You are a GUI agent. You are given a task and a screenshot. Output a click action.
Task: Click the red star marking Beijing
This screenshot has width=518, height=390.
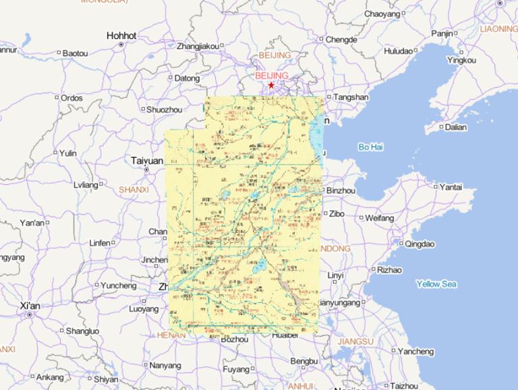(x=271, y=86)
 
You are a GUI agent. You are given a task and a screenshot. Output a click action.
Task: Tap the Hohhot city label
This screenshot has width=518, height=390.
(x=121, y=36)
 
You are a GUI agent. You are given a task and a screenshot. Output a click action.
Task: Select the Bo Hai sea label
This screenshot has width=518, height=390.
(x=370, y=146)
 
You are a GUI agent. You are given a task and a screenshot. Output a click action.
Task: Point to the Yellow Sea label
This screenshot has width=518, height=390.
(x=436, y=284)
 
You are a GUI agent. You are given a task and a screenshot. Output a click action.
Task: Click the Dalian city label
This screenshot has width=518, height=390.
(x=455, y=127)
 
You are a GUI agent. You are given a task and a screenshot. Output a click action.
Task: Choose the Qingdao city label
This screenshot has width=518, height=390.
(x=420, y=244)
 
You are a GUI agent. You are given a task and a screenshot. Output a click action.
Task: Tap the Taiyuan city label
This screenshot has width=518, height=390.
(x=147, y=161)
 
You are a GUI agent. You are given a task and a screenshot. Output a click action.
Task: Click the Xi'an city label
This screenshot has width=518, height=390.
(x=30, y=306)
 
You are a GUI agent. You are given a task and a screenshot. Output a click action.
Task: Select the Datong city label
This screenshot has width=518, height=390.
(x=187, y=78)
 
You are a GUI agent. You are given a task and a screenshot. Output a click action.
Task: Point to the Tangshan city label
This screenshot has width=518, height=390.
(x=351, y=97)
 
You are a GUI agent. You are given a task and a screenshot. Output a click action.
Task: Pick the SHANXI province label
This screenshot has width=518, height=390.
(x=134, y=190)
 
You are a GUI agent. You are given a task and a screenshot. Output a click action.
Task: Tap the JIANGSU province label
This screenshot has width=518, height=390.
(x=355, y=341)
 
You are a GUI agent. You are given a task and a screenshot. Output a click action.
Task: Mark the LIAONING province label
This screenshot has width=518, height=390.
(x=498, y=29)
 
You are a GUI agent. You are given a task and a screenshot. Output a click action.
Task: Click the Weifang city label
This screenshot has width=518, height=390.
(x=379, y=218)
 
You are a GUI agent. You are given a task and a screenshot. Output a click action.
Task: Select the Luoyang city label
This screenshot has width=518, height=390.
(x=144, y=309)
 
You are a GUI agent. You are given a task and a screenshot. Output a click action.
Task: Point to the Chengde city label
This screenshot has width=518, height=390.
(x=341, y=40)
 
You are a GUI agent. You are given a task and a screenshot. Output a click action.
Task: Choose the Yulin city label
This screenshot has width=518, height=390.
(x=67, y=153)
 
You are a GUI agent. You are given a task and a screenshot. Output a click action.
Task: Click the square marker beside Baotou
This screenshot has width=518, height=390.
(x=59, y=53)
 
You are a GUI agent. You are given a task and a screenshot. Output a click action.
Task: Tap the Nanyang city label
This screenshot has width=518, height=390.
(x=165, y=365)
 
